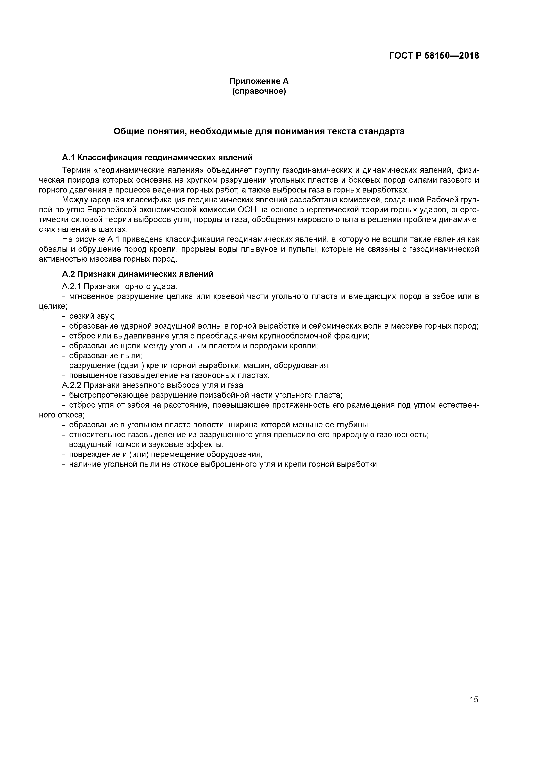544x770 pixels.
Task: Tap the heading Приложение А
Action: (259, 81)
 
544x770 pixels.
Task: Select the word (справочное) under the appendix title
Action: (259, 91)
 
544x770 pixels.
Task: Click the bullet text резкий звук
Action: (91, 316)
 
